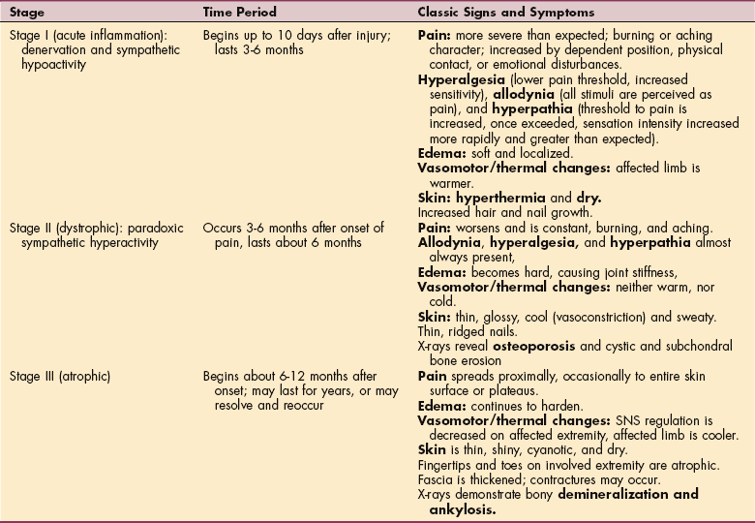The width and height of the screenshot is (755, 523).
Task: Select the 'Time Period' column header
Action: point(240,11)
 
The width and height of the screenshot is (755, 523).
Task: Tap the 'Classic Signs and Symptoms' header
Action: point(504,11)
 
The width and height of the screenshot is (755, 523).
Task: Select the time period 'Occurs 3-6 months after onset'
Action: point(293,228)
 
